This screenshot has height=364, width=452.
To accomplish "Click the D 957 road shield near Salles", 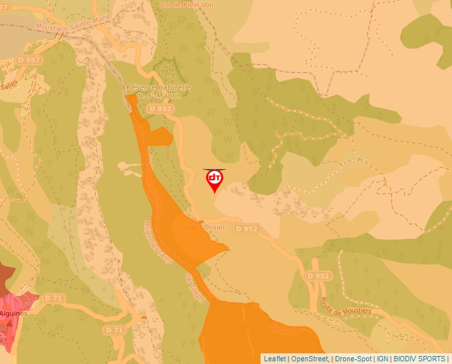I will pyautogui.click(x=30, y=61).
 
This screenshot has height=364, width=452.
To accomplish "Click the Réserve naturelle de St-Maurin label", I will pyautogui.click(x=158, y=91).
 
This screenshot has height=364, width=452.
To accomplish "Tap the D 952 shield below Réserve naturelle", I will pyautogui.click(x=161, y=108).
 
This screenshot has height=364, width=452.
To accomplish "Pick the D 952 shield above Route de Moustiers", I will pyautogui.click(x=318, y=275).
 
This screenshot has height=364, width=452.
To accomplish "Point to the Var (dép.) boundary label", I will pyautogui.click(x=193, y=284).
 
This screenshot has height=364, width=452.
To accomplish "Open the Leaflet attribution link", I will pyautogui.click(x=275, y=359).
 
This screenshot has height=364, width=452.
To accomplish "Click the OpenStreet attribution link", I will pyautogui.click(x=310, y=359).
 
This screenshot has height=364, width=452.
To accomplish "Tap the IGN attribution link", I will pyautogui.click(x=382, y=359).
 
